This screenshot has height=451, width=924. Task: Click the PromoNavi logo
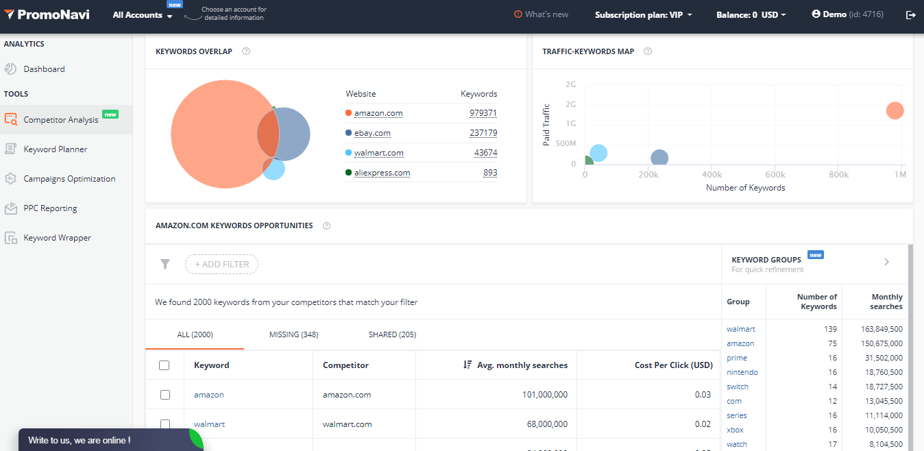point(47,15)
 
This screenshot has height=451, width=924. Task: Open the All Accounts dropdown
point(143,15)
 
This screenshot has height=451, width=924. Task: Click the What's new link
point(541,14)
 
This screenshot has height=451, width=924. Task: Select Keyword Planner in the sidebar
point(56,149)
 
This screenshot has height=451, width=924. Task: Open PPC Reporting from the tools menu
point(50,208)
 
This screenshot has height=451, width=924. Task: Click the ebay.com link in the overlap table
point(372,133)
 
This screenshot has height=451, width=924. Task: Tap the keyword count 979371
point(483,113)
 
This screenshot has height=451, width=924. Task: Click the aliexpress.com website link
point(382,173)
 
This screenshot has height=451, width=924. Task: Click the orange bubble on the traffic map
point(895,110)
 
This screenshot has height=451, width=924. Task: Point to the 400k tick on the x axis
point(712,175)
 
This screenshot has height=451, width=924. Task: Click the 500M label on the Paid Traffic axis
point(566,144)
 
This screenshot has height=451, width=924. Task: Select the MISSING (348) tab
point(293,334)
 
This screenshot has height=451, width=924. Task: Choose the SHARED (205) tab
point(392,334)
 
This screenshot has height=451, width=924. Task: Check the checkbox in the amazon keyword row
point(165,395)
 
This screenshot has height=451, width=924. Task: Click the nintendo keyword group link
point(742,372)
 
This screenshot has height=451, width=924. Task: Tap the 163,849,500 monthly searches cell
point(882,329)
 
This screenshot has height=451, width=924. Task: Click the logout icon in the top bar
point(910,15)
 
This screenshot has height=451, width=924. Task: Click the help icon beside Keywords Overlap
point(246,51)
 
